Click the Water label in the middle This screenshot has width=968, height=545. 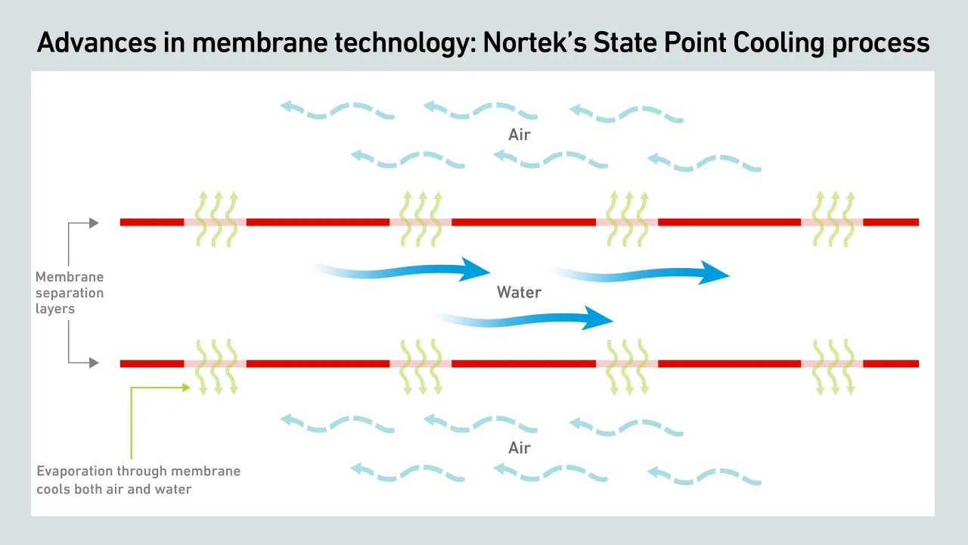coord(519,291)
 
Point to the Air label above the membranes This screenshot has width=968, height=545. coord(519,135)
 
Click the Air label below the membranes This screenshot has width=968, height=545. coord(519,447)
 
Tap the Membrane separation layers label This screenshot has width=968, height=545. coord(70,293)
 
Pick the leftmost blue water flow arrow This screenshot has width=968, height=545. coord(401,270)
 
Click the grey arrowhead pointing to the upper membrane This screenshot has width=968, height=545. coord(94,223)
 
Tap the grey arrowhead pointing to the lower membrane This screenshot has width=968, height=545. coord(94,363)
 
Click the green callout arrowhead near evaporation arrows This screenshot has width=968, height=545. coord(185,388)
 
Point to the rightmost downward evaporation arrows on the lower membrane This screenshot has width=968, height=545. coord(833,367)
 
